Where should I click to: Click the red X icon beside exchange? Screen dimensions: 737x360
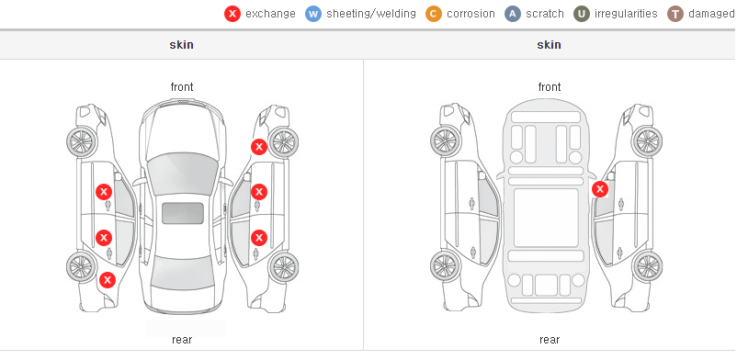coord(232,14)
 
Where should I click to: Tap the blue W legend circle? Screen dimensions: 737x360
coord(313,14)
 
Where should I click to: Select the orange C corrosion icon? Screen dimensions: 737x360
coord(434,14)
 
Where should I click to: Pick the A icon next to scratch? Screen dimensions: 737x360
coord(513,14)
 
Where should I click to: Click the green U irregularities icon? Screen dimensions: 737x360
coord(582,14)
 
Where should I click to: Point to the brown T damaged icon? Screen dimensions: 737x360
coord(675,14)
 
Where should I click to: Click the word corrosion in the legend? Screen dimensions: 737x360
coord(471,14)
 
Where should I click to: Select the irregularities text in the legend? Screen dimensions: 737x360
coord(626,14)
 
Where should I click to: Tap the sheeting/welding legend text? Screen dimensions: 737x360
coord(371,14)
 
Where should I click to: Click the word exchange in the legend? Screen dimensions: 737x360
coord(270,14)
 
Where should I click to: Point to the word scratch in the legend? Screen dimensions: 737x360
coord(545,14)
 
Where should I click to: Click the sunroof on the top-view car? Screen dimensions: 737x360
coord(183,213)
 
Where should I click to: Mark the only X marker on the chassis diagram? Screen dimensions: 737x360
coord(600,189)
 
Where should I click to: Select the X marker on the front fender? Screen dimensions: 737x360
coord(259,147)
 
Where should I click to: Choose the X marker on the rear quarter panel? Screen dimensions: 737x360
coord(108,281)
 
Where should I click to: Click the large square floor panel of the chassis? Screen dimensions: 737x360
coord(546,218)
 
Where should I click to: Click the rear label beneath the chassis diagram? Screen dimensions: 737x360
coord(550,340)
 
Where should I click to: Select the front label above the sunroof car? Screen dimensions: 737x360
coord(182,87)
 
